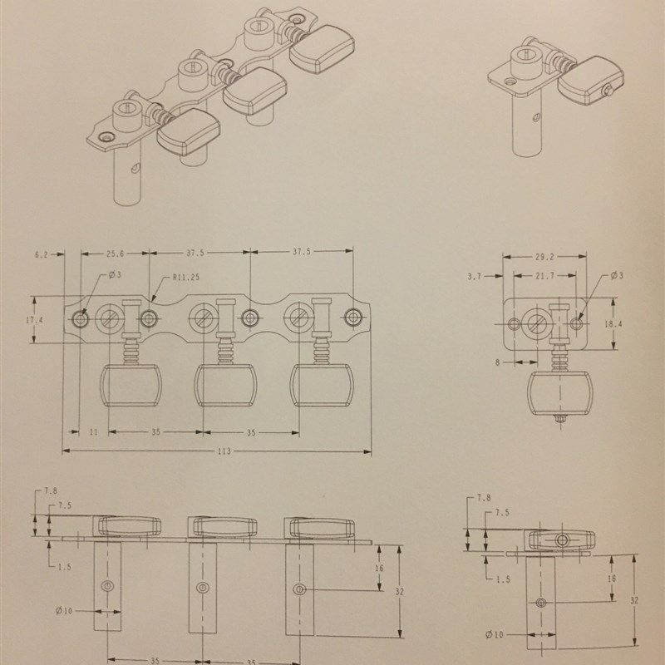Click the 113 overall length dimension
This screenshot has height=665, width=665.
click(x=224, y=451)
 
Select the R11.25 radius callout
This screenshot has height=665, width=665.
click(x=186, y=278)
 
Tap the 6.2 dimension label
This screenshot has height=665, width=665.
click(x=41, y=255)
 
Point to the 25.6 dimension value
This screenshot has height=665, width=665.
click(x=116, y=254)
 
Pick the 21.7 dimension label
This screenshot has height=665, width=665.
click(x=544, y=276)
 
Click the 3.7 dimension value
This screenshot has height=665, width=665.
click(x=475, y=277)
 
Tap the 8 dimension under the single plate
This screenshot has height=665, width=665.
click(x=497, y=362)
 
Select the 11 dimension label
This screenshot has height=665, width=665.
click(x=94, y=432)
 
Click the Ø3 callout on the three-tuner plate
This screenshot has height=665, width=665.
click(x=115, y=275)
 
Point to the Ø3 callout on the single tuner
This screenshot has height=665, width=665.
click(x=617, y=276)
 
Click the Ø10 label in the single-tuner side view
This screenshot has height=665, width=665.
click(x=495, y=635)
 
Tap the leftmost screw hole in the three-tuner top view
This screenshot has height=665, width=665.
click(x=80, y=319)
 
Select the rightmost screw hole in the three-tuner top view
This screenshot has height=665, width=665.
click(x=353, y=317)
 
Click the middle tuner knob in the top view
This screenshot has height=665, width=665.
click(x=225, y=385)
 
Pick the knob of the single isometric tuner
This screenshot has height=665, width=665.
click(x=590, y=81)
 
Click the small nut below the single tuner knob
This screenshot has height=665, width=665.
click(x=559, y=420)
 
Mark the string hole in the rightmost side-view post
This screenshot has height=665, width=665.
click(x=300, y=589)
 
